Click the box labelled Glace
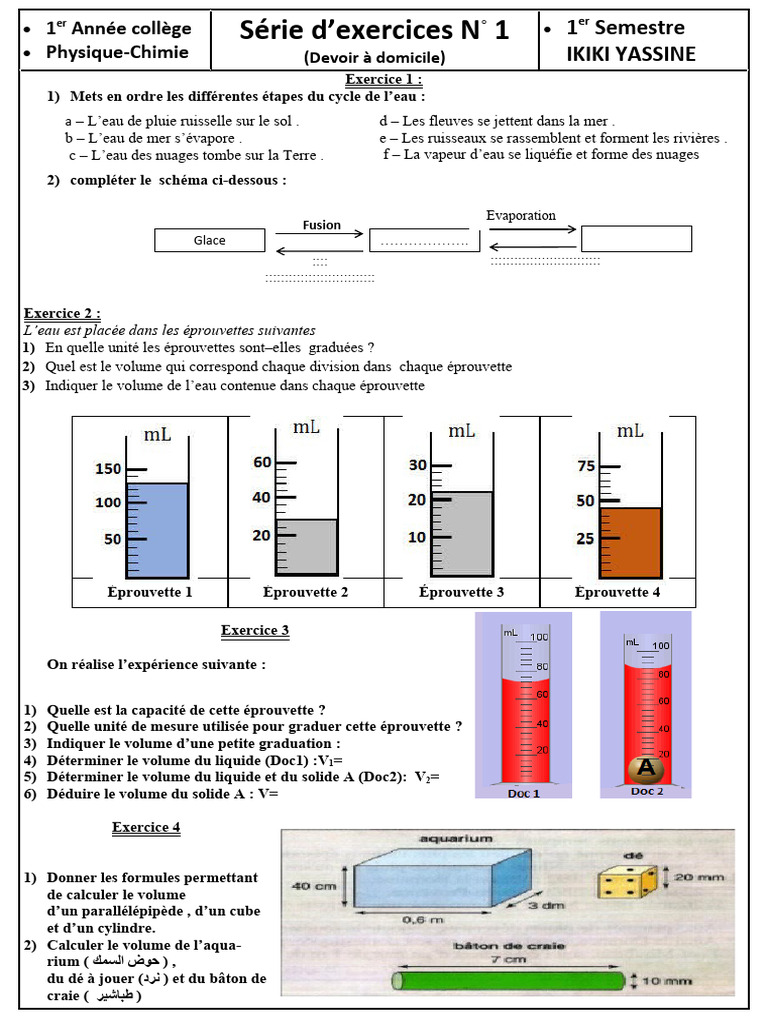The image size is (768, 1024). [x=210, y=240]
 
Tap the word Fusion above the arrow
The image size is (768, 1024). [x=322, y=225]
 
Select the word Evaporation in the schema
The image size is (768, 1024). [x=521, y=215]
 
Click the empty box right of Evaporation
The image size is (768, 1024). [x=636, y=238]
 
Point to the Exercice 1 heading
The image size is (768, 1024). [x=383, y=79]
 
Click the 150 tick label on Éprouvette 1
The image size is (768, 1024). [x=107, y=469]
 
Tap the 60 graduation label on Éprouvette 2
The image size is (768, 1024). [x=262, y=462]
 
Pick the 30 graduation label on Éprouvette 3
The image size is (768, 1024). [x=418, y=465]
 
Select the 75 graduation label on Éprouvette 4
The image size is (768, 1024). [x=585, y=465]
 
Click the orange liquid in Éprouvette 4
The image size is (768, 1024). [x=631, y=542]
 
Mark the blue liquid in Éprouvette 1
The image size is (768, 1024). [x=158, y=530]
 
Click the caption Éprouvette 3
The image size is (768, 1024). [x=461, y=592]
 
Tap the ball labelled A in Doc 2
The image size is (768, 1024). [x=646, y=768]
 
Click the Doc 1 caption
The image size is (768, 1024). [x=523, y=793]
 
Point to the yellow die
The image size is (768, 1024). [x=627, y=881]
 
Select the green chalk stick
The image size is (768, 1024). [x=510, y=981]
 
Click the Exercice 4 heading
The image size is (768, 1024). [x=146, y=827]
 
